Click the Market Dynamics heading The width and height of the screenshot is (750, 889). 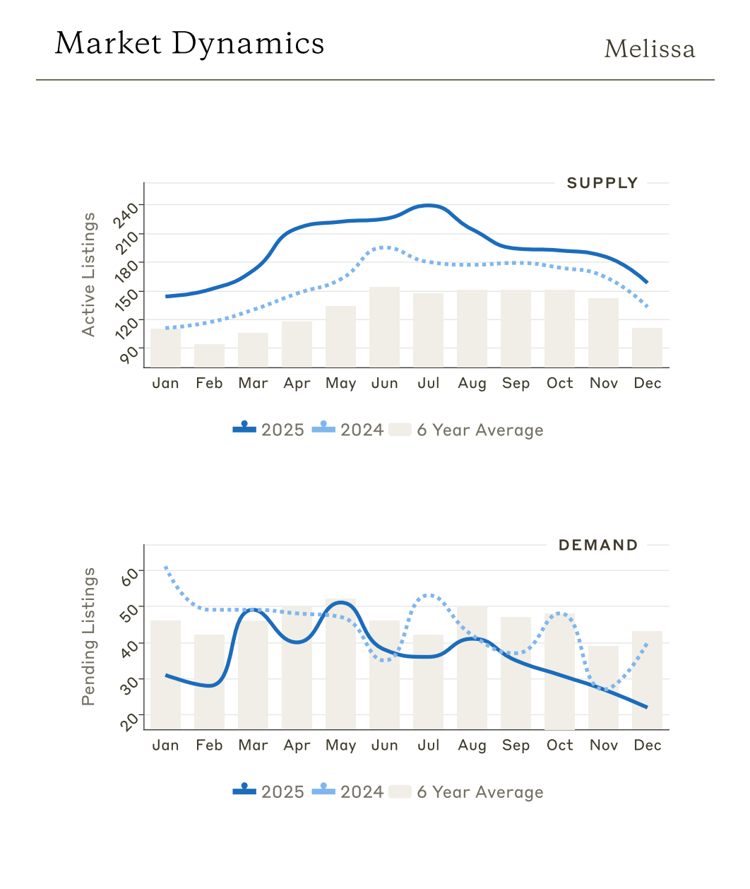[189, 44]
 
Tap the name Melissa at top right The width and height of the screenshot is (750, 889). [649, 49]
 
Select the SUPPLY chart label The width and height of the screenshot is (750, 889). [602, 183]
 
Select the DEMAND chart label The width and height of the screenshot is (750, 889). [598, 545]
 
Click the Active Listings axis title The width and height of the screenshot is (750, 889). [88, 274]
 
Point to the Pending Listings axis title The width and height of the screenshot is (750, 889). [88, 636]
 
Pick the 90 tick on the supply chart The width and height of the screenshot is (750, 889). [130, 353]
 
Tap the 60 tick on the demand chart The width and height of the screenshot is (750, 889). [131, 576]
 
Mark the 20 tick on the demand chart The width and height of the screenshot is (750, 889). [131, 721]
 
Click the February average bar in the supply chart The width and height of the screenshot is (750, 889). [209, 355]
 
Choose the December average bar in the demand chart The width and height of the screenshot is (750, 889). [647, 680]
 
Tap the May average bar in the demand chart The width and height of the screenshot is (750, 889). [340, 664]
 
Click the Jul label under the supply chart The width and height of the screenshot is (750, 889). [428, 383]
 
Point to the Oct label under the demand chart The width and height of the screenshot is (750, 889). [559, 745]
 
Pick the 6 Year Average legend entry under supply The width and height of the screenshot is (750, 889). [466, 430]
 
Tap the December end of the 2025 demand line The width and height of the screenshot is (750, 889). [646, 707]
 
